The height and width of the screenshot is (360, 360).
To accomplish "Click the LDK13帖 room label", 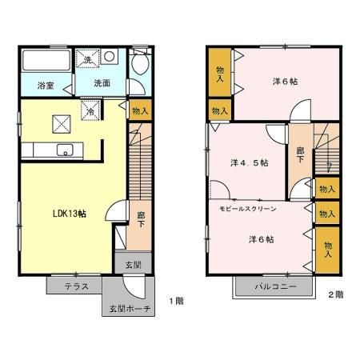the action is coord(70,214).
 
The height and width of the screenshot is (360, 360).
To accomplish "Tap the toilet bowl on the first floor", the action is coord(140,63).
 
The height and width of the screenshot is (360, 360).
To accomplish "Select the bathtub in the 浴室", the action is coord(46,60).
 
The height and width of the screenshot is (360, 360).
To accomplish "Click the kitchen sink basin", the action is coord(65,150).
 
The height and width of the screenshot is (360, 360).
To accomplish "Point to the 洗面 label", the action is coord(102,83).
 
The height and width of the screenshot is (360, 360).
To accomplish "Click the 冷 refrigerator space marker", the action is coord(90,110).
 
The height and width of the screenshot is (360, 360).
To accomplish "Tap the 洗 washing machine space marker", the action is coord(87,58).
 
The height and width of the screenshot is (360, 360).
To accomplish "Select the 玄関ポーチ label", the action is coord(130,309).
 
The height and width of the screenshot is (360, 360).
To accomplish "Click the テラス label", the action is coord(76,286).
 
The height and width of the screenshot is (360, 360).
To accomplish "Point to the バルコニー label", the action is coord(275,286).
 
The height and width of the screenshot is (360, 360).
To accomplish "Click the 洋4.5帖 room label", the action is coord(250,162).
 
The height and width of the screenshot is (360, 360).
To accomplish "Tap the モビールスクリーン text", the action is coord(248,209).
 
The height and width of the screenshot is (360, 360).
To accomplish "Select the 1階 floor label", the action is coord(177,301).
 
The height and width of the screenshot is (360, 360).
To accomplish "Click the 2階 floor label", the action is coord(335,294).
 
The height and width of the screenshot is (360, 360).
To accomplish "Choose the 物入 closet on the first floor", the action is coord(140,110).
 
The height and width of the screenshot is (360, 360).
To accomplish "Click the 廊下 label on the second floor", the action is coord(301,155).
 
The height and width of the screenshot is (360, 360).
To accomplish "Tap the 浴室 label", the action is coord(46,86).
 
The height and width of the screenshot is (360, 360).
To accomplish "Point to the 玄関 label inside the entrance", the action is coord(133,265).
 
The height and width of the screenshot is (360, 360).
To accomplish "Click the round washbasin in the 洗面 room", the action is coord(110,56).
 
